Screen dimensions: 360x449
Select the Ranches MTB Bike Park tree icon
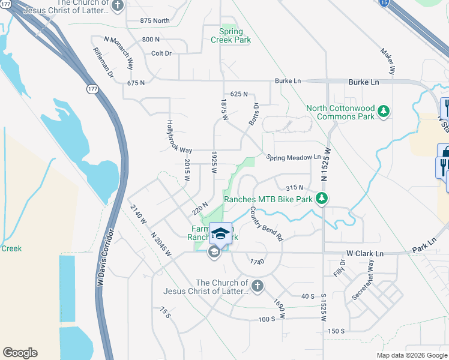tap(322, 198)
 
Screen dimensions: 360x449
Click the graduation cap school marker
tap(220, 233)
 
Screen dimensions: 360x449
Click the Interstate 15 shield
tap(384, 3)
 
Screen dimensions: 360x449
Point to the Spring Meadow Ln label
tap(294, 157)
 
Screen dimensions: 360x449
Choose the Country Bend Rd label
tap(266, 224)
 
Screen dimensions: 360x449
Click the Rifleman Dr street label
tap(103, 64)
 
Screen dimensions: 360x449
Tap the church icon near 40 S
tap(257, 286)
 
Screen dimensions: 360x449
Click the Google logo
tap(20, 352)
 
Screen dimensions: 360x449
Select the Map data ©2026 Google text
tap(411, 355)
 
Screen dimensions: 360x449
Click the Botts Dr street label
tap(253, 115)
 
